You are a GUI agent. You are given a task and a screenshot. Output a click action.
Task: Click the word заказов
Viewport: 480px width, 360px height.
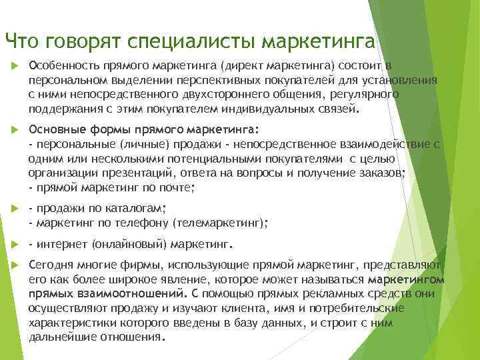tap(382, 173)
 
